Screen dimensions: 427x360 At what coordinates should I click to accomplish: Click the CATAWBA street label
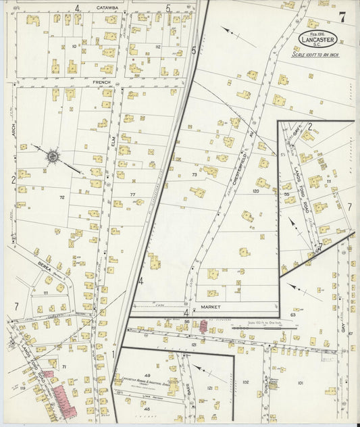pyautogui.click(x=107, y=7)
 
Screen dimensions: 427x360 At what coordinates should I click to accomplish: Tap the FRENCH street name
pyautogui.click(x=101, y=82)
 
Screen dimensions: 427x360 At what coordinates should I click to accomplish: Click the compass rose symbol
pyautogui.click(x=52, y=156)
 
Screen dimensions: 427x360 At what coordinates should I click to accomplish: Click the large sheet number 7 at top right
pyautogui.click(x=343, y=17)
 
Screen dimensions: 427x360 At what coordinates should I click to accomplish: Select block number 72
pyautogui.click(x=61, y=197)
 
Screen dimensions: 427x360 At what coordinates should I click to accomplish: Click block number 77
pyautogui.click(x=133, y=194)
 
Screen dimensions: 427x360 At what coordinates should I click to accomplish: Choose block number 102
pyautogui.click(x=245, y=382)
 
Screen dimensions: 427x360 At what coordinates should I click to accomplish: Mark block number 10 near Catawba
pyautogui.click(x=74, y=47)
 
